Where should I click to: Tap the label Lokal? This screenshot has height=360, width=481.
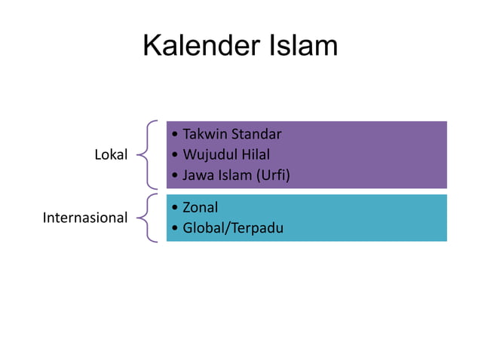[x=111, y=155]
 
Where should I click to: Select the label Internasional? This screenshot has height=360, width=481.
[x=85, y=218]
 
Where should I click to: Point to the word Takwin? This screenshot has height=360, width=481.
[x=204, y=136]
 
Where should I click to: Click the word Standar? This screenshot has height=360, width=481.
[x=256, y=136]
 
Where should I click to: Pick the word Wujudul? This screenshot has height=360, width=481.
[x=208, y=156]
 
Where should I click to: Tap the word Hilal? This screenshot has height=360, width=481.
[x=255, y=156]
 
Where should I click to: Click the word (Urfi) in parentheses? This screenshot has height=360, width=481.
[x=274, y=176]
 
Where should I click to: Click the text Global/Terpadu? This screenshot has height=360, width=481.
[x=233, y=227]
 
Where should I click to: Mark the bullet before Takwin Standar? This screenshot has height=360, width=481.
[x=175, y=136]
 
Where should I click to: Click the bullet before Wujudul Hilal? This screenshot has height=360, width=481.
[x=175, y=156]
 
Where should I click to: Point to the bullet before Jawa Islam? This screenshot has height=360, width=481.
[x=175, y=176]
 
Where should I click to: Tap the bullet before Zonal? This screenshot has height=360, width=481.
[x=175, y=207]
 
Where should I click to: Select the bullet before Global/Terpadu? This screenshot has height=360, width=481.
[x=175, y=227]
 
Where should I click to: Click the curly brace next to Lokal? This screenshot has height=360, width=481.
[x=149, y=154]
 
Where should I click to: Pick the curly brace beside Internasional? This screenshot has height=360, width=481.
[x=149, y=218]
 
